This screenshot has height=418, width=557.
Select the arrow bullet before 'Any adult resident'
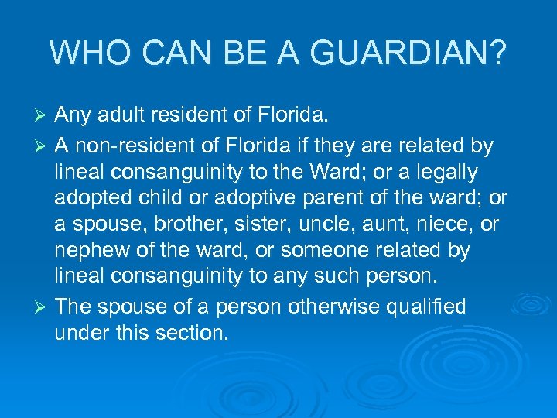coord(43,117)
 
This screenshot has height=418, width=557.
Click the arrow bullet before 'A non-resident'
coord(43,145)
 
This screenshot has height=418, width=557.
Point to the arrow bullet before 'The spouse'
coord(43,307)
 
